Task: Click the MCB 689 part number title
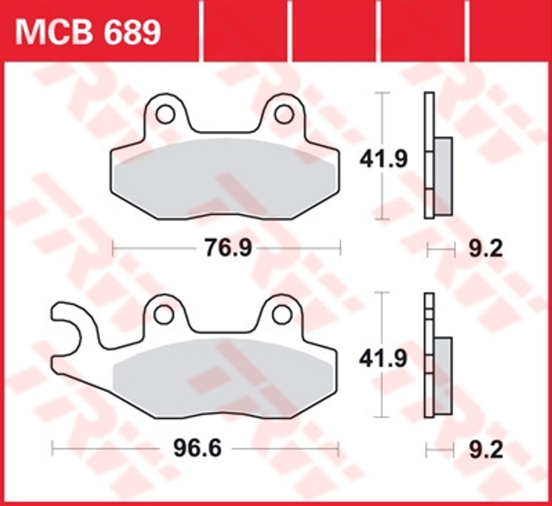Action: [88, 33]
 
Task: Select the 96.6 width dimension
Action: [197, 449]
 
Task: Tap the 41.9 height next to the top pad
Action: [383, 159]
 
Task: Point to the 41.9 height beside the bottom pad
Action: [383, 359]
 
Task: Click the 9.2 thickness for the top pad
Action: [486, 249]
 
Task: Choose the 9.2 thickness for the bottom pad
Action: [486, 449]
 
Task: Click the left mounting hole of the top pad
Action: [165, 115]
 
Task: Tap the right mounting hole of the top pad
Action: [284, 115]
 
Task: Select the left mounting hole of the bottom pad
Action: [164, 315]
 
